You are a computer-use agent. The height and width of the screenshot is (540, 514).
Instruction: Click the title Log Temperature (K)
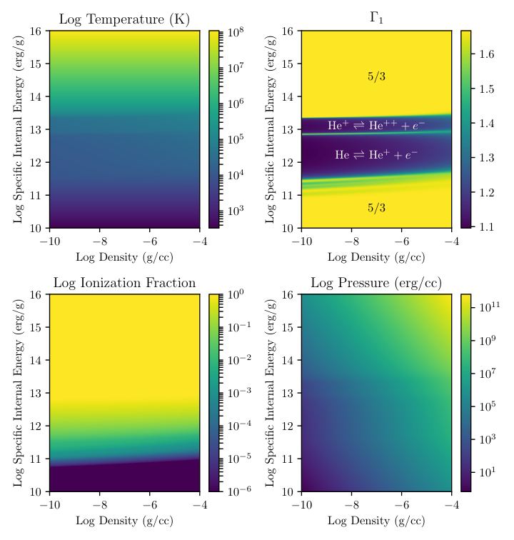(124, 19)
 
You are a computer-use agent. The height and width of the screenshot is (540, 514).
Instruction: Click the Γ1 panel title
(376, 18)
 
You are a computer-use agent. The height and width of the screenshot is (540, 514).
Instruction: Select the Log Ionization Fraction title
(124, 283)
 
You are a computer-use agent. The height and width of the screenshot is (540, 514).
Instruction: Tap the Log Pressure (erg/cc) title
(376, 283)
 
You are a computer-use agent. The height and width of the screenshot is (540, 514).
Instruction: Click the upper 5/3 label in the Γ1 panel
(376, 76)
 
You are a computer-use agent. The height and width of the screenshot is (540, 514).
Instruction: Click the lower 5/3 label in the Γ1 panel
(376, 208)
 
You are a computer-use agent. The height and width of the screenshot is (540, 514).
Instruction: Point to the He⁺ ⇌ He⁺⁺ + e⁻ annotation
(376, 126)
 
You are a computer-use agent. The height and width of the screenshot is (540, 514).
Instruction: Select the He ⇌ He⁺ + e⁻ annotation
(376, 154)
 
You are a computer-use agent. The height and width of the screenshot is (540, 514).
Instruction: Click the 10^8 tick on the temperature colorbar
(236, 32)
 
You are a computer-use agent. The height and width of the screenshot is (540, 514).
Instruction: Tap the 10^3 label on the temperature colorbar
(236, 210)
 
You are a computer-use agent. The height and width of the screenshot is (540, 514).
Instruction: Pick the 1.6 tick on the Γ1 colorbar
(487, 54)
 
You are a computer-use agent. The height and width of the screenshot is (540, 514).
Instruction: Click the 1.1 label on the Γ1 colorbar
(487, 226)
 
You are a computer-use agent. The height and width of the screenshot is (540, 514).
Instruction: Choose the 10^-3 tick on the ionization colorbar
(239, 393)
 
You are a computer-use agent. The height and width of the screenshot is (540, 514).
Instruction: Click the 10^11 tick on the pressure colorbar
(490, 306)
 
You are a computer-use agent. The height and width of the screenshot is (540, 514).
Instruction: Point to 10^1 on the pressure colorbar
(488, 472)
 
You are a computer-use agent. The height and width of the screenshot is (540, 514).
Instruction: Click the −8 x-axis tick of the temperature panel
(100, 241)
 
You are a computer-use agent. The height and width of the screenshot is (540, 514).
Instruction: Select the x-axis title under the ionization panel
(124, 521)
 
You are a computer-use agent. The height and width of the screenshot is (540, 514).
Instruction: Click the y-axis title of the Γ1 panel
(271, 129)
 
